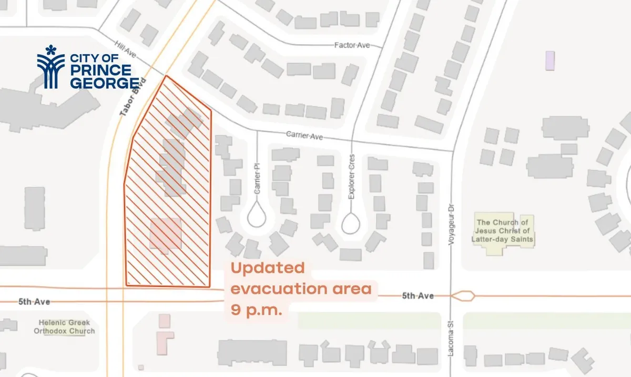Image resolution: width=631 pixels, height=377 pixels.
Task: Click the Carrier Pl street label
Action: (258, 179)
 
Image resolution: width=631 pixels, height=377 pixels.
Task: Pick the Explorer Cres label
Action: (352, 176)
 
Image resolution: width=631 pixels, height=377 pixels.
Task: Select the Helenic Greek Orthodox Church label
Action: (65, 327)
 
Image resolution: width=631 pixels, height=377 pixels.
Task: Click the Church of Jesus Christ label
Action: (504, 231)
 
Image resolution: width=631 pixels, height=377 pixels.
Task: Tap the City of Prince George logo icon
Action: (50, 67)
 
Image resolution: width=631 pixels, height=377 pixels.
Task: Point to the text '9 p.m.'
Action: (257, 310)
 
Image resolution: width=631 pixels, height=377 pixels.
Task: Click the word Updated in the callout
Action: (268, 268)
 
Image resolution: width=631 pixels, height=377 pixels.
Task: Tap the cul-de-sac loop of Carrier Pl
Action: (257, 215)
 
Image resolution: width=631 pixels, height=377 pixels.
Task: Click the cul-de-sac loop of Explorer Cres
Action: (351, 222)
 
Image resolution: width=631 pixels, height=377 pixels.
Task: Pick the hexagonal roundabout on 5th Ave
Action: (463, 296)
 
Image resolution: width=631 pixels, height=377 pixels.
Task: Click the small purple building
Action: (549, 60)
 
